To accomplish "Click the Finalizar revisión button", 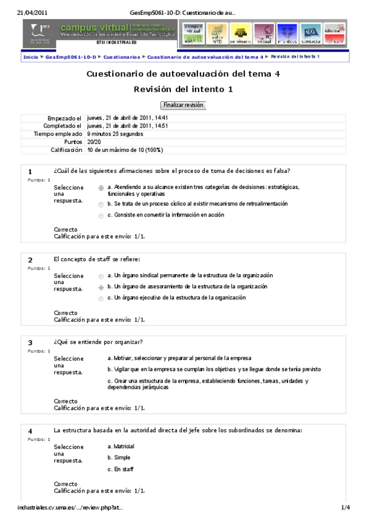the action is point(183,105).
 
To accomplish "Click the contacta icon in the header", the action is point(311,33).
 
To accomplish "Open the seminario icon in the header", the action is point(240,33).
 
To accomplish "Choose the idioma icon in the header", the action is point(334,33).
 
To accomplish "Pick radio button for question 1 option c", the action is point(101,215).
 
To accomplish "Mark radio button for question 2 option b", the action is point(101,287).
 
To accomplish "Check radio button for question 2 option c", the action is point(101,298).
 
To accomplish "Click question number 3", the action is point(30,342).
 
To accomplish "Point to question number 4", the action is point(30,431).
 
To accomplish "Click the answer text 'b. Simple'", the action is point(118,457).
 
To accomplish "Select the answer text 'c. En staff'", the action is point(120,469).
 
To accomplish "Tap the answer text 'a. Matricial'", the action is point(121,446).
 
